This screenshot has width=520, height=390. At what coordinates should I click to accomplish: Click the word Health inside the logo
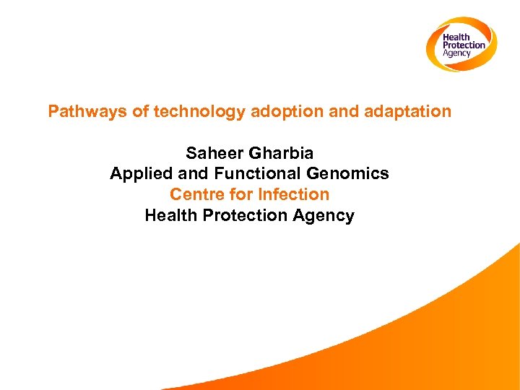pos(456,38)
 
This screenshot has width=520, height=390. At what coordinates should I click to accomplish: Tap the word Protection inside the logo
pos(464,45)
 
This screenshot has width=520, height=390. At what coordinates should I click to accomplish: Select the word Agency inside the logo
pos(456,53)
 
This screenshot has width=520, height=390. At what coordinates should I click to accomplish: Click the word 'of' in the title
pos(140,112)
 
